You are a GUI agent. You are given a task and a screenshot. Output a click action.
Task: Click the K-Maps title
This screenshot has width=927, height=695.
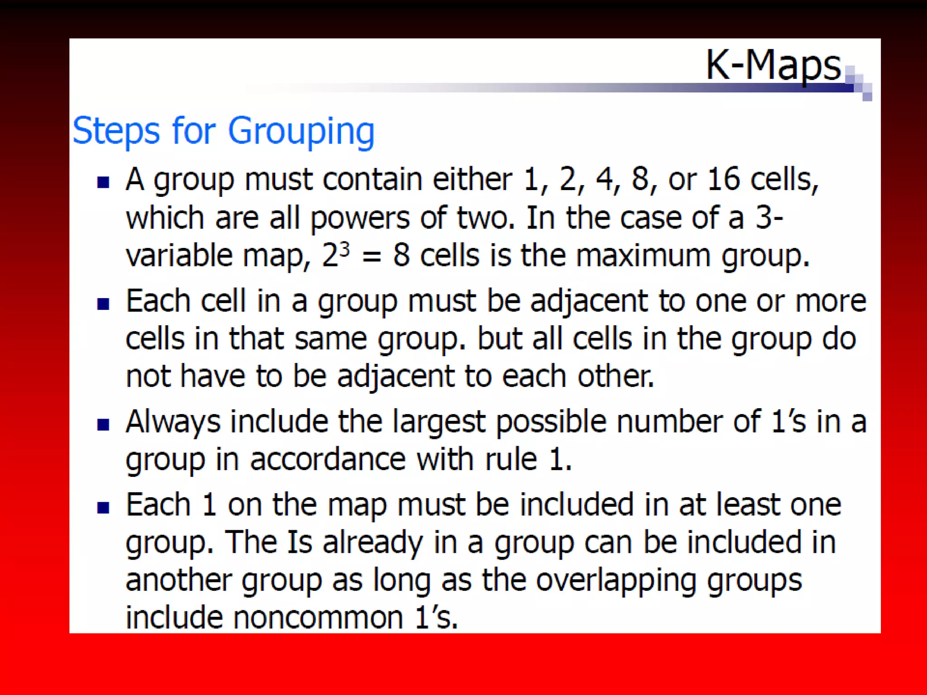coord(773,66)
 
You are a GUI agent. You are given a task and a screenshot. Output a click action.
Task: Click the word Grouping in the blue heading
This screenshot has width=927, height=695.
coord(301,131)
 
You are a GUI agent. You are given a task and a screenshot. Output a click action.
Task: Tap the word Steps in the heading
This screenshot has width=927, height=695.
coord(116,131)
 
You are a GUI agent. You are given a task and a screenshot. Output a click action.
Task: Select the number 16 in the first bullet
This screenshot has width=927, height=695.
coord(724,179)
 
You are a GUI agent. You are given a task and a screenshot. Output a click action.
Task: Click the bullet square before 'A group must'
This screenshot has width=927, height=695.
coord(103,182)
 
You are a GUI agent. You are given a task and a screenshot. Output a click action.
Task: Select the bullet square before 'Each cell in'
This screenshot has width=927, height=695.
coord(103,304)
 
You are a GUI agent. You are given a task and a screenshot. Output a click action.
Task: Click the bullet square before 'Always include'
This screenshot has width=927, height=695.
coord(103,424)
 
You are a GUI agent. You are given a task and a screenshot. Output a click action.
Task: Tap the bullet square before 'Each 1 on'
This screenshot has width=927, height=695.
coord(103,508)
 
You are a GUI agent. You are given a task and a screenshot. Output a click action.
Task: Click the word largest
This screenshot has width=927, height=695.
coord(439,422)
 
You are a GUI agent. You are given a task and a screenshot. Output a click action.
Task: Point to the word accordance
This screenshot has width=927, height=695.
coord(328,460)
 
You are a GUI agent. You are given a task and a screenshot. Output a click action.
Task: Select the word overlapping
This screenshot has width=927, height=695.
coord(616,581)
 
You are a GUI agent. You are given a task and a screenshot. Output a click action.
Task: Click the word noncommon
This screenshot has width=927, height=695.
coord(318,618)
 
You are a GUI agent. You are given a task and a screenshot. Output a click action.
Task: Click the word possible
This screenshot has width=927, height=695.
coord(551,422)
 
